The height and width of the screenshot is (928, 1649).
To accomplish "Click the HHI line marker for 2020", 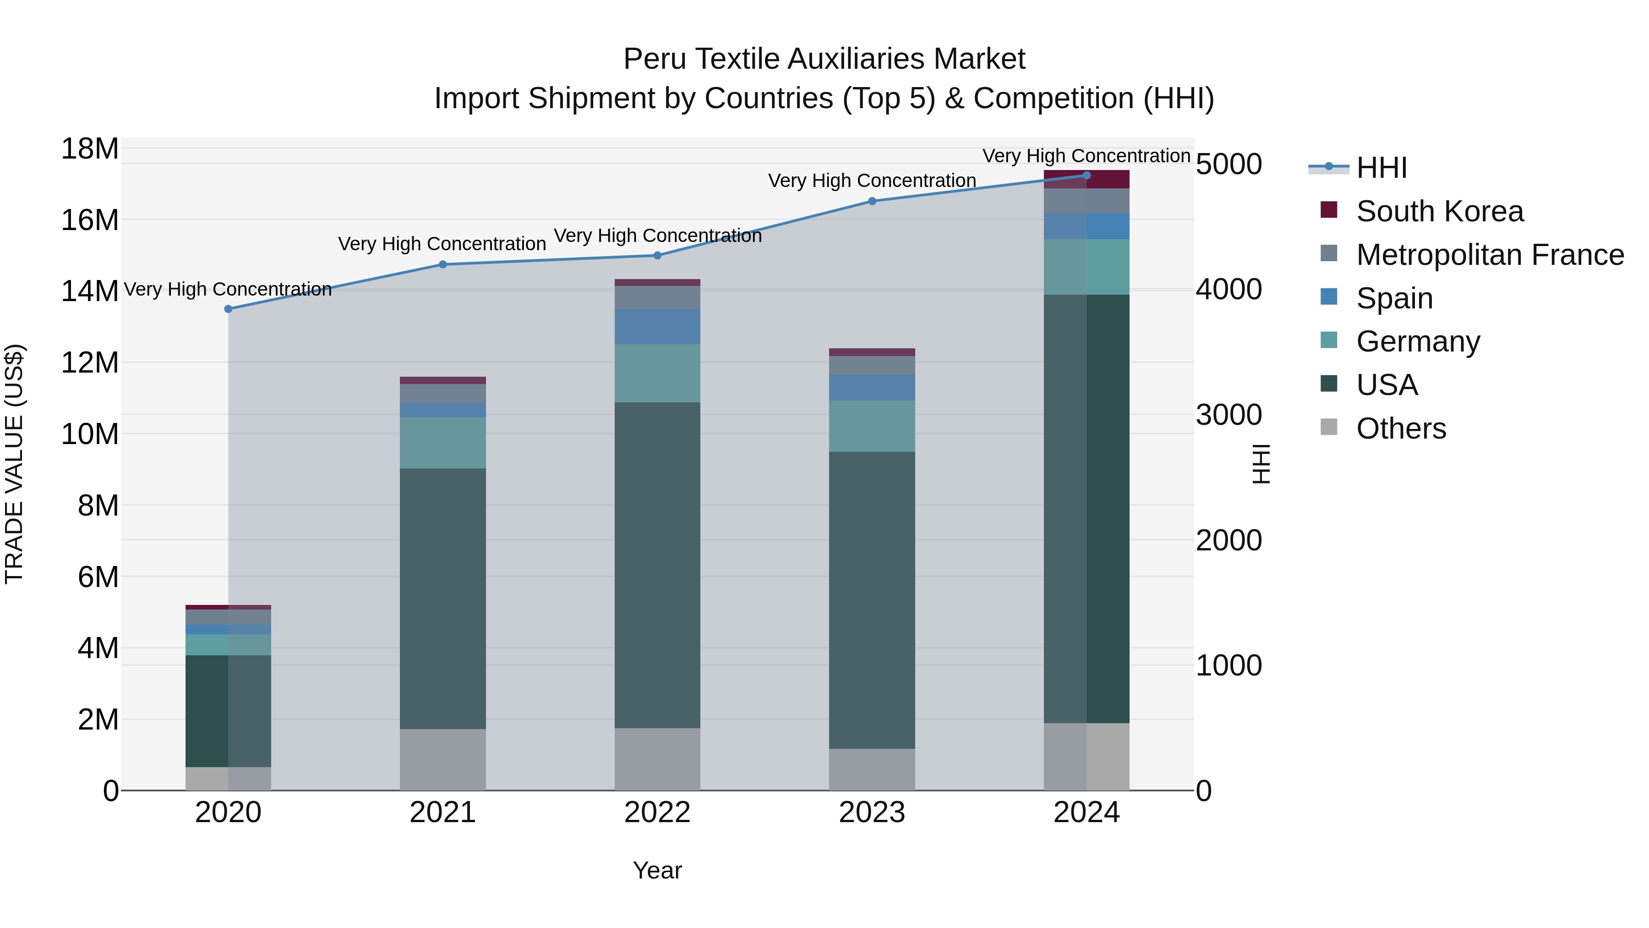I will coord(229,309).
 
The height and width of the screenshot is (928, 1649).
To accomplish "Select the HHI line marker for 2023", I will coord(872,201).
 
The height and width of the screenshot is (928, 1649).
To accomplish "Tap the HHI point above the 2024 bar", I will coord(1087,175).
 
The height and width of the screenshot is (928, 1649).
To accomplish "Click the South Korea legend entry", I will coord(1439,211).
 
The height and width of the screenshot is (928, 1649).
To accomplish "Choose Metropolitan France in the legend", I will coord(1490,255).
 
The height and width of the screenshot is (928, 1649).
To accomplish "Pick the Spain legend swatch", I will coord(1329,297).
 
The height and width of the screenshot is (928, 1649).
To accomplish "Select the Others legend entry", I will coord(1401,428).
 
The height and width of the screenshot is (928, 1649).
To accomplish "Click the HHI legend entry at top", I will coord(1381,168).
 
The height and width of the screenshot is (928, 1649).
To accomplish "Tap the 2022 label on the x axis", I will coord(657,813).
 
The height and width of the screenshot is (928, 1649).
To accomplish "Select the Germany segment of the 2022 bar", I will coord(657,373).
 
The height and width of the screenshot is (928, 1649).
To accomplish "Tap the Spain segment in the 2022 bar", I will coord(657,327).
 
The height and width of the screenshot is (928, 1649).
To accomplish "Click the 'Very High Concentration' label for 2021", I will coord(442,244).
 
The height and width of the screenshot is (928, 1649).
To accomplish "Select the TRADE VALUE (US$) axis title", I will coord(14,464).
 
